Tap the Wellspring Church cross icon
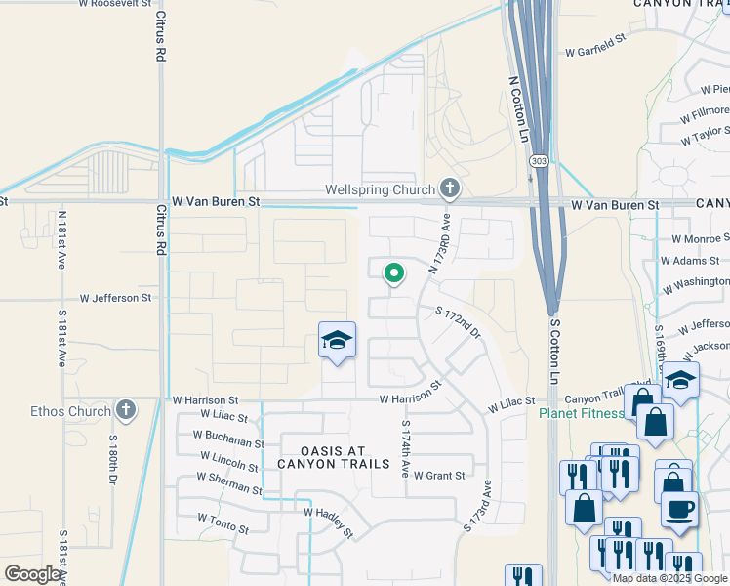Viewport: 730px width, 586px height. (x=450, y=188)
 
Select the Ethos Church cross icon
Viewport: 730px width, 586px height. (x=126, y=410)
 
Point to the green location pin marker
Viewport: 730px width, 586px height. (x=393, y=274)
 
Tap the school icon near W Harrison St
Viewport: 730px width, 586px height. (x=337, y=342)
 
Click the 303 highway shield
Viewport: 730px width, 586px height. (x=538, y=159)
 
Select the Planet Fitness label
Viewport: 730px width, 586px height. (x=582, y=413)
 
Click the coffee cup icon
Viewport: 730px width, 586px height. (x=679, y=509)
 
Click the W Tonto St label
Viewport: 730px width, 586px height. (x=223, y=523)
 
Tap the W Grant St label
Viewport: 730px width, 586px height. (x=438, y=476)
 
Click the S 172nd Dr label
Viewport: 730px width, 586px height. (x=459, y=321)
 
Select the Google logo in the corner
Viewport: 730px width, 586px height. (x=32, y=574)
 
